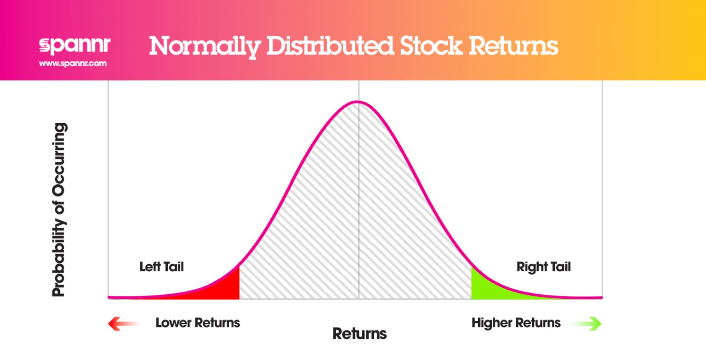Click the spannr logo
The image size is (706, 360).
(74, 46)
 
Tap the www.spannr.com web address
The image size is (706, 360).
(73, 63)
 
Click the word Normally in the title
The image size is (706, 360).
(204, 46)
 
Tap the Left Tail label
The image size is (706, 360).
(161, 267)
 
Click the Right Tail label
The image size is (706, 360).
(543, 267)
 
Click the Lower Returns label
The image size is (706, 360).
(198, 323)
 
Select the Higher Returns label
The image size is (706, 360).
(516, 323)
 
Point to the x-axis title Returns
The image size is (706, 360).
(359, 334)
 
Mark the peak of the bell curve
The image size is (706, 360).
(358, 102)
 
